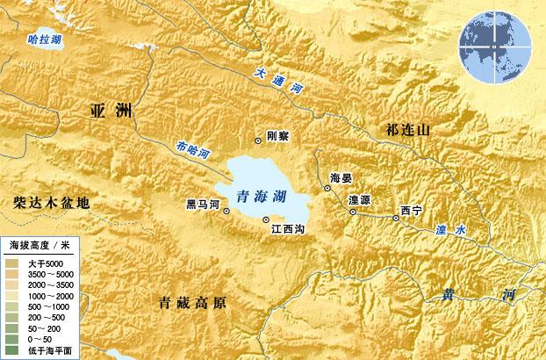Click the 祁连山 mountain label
click(x=409, y=130)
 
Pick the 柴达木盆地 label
click(x=52, y=203)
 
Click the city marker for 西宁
click(x=396, y=219)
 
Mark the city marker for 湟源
click(x=353, y=212)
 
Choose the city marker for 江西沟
click(x=266, y=220)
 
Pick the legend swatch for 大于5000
click(x=11, y=263)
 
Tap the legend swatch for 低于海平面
click(x=11, y=349)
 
